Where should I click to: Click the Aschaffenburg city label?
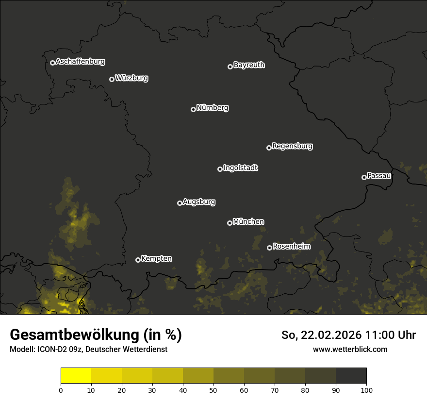pos(80,62)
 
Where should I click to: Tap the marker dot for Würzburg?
pos(112,79)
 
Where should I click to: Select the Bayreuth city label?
pos(249,65)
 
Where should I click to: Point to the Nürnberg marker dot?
pos(193,109)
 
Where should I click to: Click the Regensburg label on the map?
pos(292,146)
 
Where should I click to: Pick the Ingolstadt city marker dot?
pos(220,169)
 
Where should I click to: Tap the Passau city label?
pos(379,176)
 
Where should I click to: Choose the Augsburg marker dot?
pos(180,203)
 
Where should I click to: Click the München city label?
pos(248,222)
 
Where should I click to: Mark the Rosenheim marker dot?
pos(269,248)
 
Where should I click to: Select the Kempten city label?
pos(156,258)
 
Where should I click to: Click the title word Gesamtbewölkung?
pos(73,335)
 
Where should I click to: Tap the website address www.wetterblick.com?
pos(350,349)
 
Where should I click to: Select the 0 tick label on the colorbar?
pos(61,390)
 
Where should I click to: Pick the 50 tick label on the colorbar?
pos(213,390)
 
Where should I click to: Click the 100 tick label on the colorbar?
pos(366,390)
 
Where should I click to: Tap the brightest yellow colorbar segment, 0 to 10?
pos(76,376)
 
